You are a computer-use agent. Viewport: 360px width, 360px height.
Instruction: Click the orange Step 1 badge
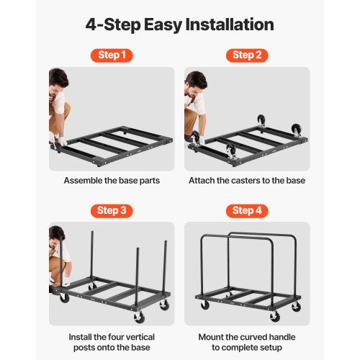111,55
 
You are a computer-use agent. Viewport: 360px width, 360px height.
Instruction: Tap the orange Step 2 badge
246,55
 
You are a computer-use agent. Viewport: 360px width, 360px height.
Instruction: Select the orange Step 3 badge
111,210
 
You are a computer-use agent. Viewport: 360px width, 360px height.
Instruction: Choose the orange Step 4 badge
246,210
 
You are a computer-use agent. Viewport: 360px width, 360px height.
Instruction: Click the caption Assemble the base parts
112,181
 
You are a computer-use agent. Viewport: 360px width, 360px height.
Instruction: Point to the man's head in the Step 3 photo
57,234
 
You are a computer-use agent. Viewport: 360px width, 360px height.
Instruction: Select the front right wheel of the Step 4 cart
274,317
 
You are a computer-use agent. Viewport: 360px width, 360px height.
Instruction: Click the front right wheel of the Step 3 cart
139,318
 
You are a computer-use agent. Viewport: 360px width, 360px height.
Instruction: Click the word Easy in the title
161,24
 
